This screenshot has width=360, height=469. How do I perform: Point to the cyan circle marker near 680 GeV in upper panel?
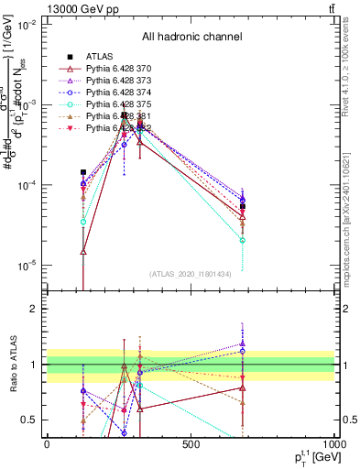click(x=243, y=240)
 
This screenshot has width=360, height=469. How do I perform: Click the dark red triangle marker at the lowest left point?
click(x=83, y=252)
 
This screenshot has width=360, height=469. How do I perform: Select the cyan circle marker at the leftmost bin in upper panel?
click(x=83, y=222)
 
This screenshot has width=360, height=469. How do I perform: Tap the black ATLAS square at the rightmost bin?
click(x=243, y=207)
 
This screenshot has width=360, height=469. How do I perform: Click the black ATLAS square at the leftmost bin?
click(x=83, y=172)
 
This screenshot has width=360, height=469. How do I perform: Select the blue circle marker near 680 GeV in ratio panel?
click(x=243, y=351)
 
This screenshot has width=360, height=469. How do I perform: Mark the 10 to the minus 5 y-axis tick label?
click(x=27, y=266)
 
